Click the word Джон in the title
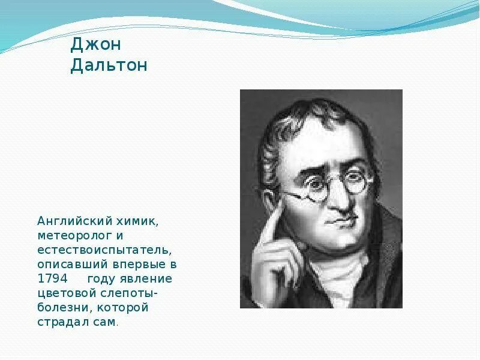[x=91, y=44]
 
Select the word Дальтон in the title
[x=109, y=65]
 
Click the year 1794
[x=52, y=279]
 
